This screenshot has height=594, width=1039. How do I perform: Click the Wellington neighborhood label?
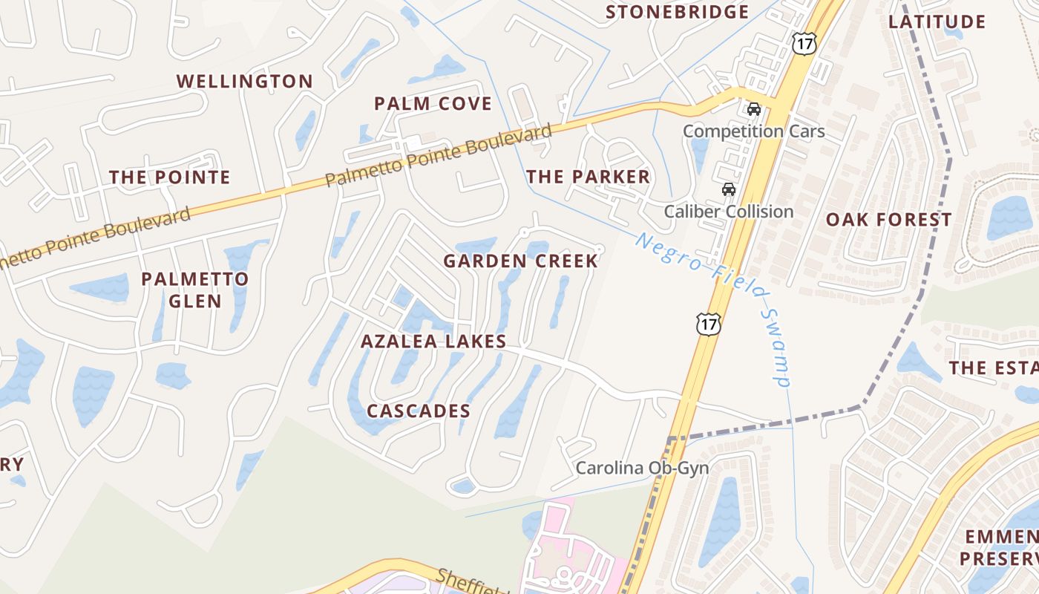click(x=244, y=82)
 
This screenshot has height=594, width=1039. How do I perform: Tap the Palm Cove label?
click(x=433, y=104)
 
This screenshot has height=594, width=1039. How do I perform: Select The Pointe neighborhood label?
click(x=170, y=177)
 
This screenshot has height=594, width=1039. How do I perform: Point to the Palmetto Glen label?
click(x=194, y=290)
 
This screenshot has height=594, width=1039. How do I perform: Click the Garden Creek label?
click(x=520, y=261)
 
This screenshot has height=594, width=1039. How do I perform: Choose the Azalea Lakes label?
click(x=433, y=342)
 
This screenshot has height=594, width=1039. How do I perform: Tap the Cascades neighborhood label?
click(x=419, y=411)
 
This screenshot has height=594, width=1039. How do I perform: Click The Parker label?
click(x=588, y=177)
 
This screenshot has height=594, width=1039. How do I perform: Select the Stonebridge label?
click(x=677, y=13)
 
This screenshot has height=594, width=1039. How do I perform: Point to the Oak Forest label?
click(x=888, y=220)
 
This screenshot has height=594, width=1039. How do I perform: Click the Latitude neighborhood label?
click(x=937, y=22)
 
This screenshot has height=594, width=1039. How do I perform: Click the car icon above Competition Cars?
click(x=754, y=109)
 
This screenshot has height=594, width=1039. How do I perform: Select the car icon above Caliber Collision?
click(x=729, y=189)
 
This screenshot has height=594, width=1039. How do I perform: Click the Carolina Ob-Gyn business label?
click(x=642, y=469)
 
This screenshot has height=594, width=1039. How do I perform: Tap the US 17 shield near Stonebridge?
click(x=804, y=44)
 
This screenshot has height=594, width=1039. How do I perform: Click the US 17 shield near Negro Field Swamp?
click(x=708, y=324)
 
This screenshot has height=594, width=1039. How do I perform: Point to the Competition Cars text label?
click(x=753, y=131)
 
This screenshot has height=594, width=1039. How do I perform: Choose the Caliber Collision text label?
click(x=728, y=212)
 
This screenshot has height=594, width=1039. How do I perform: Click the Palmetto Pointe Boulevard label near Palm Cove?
click(x=439, y=157)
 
